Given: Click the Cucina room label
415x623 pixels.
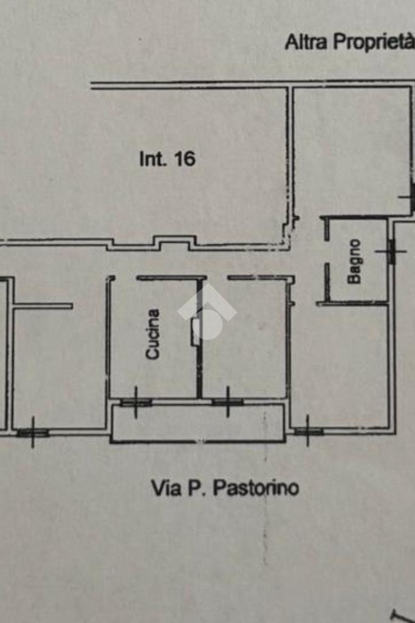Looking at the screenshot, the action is tap(153, 334).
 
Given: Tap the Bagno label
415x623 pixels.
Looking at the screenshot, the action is tap(354, 261).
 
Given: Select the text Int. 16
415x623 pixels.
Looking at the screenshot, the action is tap(167, 159).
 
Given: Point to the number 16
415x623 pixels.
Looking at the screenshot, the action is tap(185, 159).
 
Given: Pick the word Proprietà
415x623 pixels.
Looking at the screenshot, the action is tap(373, 42).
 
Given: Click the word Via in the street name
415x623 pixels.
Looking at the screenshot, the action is tap(166, 488).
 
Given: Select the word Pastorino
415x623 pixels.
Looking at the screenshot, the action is tap(256, 488).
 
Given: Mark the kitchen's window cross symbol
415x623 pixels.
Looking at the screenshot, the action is tap(136, 402).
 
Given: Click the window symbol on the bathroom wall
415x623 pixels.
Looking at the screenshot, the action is tap(391, 251).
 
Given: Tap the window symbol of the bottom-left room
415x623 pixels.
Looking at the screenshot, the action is tap(33, 432).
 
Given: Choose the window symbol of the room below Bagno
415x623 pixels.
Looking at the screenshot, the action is tap(308, 431).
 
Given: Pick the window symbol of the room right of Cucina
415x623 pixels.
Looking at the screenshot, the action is tap(228, 402).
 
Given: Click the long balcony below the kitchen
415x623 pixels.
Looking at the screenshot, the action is tap(197, 422).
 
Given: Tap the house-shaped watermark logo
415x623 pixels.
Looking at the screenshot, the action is tap(207, 312).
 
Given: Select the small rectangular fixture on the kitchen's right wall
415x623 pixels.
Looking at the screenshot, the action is tap(196, 332).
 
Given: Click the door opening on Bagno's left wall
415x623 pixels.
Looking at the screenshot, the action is tap(327, 252).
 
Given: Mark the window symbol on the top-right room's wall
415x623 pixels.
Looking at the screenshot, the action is tap(409, 197).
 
